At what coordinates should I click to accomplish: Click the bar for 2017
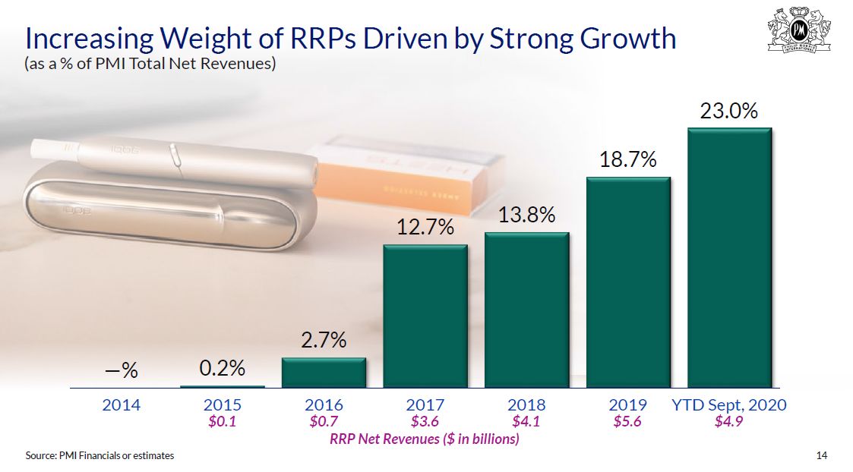pos(425,316)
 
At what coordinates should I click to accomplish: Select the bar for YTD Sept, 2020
pos(729,258)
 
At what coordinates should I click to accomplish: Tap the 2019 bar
pos(628,283)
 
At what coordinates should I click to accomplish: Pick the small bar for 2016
pos(324,373)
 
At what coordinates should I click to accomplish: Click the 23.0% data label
pos(729,111)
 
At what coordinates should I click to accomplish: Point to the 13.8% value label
pos(526,216)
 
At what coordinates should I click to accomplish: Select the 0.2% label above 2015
pos(223,369)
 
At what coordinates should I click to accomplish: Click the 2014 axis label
pos(122,405)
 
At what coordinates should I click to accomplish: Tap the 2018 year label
pos(526,405)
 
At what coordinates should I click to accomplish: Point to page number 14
pos(821,455)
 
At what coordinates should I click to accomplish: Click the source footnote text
pos(100,455)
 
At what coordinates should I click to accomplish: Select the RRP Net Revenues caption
pos(425,439)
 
